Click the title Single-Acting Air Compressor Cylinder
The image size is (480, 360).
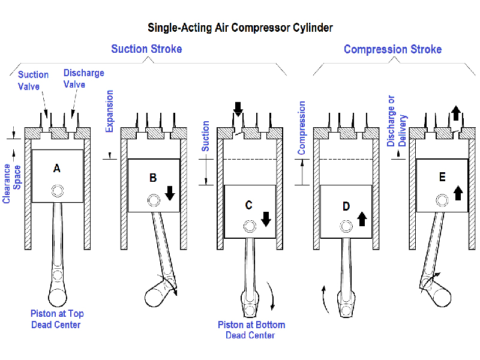[240, 28]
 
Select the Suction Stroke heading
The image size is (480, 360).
[146, 49]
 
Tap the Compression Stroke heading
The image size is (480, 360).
[392, 49]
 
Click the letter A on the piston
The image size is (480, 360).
[57, 169]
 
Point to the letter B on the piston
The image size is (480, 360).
[153, 178]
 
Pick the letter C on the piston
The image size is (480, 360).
[249, 205]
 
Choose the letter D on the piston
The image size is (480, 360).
[346, 206]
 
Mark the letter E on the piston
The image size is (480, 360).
[442, 177]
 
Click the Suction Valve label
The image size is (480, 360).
[33, 80]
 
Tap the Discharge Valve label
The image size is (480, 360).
[84, 79]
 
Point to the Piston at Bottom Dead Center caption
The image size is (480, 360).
[251, 330]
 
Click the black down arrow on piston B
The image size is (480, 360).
[170, 193]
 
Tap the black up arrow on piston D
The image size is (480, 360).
[362, 218]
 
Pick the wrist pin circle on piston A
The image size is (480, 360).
[57, 191]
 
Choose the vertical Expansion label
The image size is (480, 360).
[109, 111]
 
